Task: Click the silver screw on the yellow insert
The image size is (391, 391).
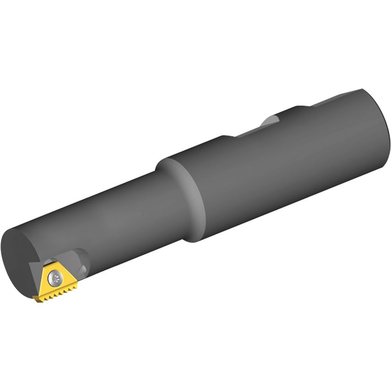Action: (56, 276)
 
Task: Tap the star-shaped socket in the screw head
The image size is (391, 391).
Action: (56, 276)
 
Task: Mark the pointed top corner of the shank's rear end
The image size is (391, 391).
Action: (362, 89)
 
